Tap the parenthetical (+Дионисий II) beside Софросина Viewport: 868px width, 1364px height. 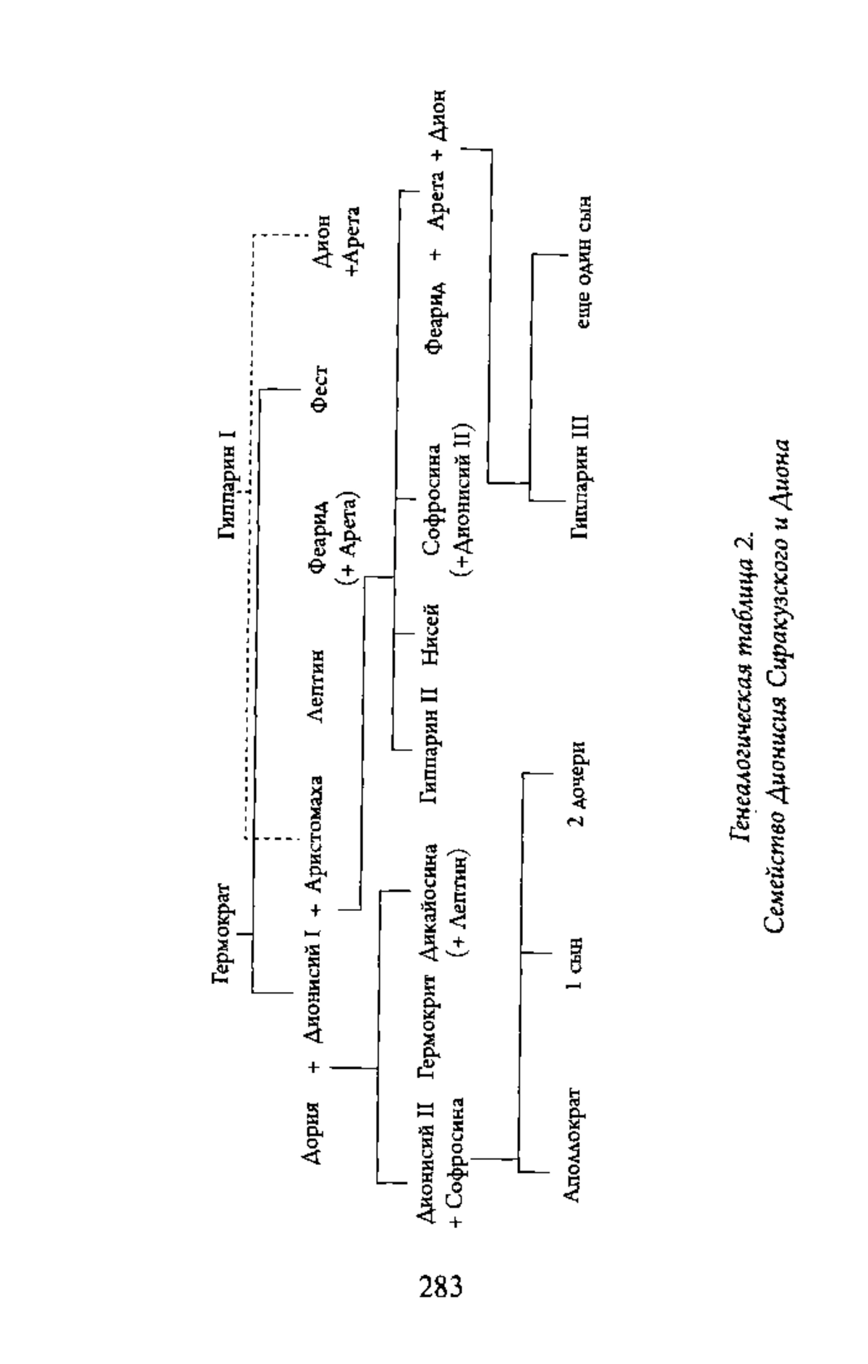click(460, 499)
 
